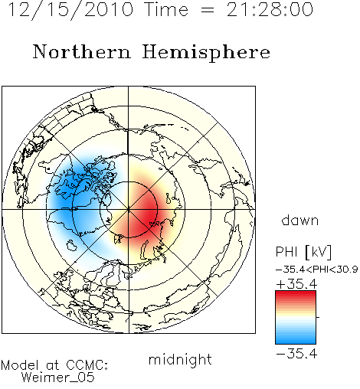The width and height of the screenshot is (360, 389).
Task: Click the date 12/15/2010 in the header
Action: tap(70, 9)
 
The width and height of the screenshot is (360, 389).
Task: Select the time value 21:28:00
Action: tap(270, 9)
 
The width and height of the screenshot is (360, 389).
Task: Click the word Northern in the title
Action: tap(82, 52)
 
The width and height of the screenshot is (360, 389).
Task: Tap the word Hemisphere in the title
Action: tap(206, 53)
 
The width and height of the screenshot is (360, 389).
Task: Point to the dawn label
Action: tap(300, 220)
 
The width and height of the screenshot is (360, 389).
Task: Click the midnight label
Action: tap(180, 359)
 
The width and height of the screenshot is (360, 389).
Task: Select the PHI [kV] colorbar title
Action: tap(303, 252)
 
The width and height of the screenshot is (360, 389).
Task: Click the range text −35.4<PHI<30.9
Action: tap(317, 270)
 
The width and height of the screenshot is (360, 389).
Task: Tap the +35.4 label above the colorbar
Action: tap(296, 284)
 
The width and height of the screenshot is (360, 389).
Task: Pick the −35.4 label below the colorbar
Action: tap(296, 354)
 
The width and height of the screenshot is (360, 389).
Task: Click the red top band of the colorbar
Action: tap(296, 295)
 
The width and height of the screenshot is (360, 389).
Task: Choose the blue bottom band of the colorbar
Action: tap(296, 339)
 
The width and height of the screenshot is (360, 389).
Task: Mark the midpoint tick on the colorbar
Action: tap(318, 317)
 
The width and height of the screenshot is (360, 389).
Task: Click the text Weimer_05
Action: tap(58, 378)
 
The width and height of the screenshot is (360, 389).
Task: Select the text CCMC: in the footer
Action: tap(87, 365)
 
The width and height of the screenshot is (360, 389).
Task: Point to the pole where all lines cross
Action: tap(129, 209)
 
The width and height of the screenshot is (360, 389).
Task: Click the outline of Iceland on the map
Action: tap(72, 244)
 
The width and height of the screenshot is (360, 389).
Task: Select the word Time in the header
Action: tap(166, 9)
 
